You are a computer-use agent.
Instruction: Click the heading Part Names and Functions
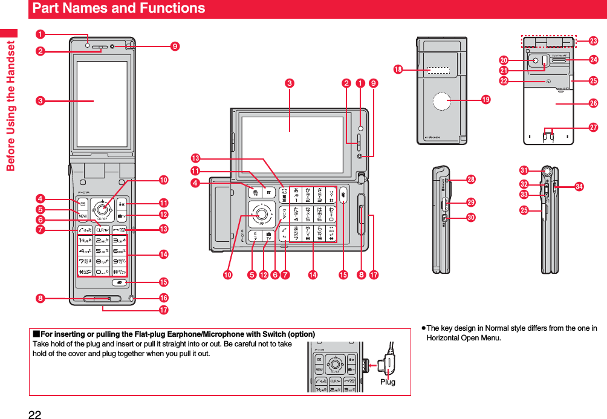tap(118, 8)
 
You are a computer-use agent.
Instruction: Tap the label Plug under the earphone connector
tap(388, 382)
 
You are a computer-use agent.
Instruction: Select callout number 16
tap(163, 297)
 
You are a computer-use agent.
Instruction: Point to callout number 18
tap(398, 70)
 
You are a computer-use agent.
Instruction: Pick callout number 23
tap(593, 41)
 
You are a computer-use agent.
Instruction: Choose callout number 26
tap(593, 104)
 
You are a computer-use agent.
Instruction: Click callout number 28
tap(470, 180)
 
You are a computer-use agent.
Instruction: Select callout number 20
tap(502, 60)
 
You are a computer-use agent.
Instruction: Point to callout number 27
tap(593, 128)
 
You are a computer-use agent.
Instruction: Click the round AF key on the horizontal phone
tap(262, 213)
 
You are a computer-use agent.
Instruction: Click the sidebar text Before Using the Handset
tap(10, 100)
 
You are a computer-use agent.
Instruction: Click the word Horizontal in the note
tap(445, 337)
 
